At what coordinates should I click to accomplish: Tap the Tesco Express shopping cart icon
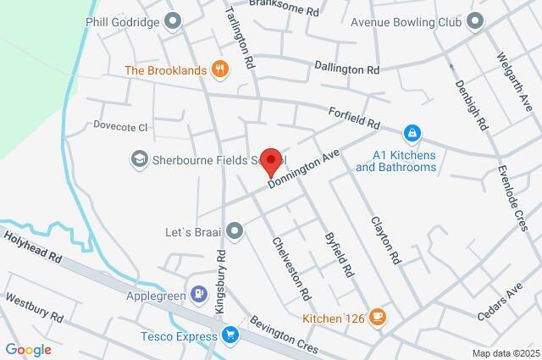click(x=230, y=336)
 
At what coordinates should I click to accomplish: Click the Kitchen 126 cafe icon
click(x=378, y=318)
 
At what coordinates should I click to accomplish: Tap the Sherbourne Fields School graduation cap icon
click(x=138, y=158)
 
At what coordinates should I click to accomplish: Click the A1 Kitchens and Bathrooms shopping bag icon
click(x=411, y=132)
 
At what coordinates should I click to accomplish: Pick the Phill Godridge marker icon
click(x=174, y=20)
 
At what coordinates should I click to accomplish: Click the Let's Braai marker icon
click(x=235, y=230)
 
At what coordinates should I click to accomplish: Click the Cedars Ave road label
click(x=503, y=302)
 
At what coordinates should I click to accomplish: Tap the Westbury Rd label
click(x=34, y=307)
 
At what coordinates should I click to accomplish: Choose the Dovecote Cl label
click(x=119, y=127)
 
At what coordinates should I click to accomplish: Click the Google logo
click(x=28, y=350)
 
